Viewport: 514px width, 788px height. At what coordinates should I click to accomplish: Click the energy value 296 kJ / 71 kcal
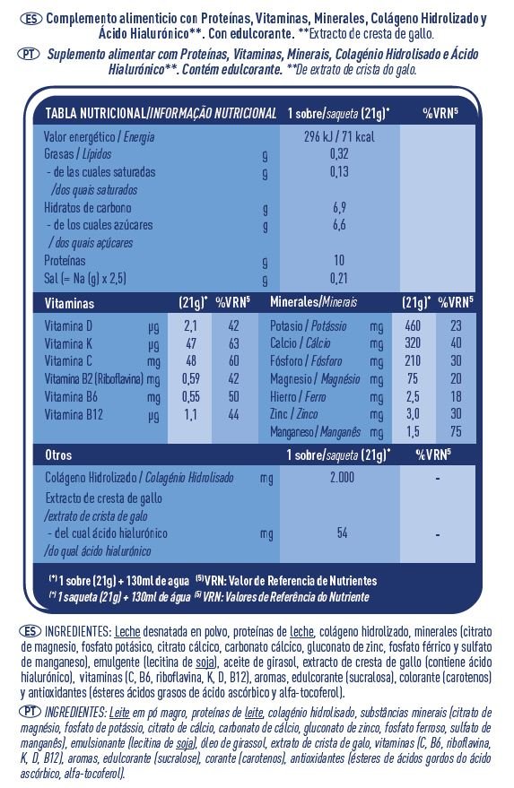coord(339,136)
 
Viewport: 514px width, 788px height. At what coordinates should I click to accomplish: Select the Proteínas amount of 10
coord(339,260)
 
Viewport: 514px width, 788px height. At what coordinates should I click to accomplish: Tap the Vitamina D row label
coord(68,325)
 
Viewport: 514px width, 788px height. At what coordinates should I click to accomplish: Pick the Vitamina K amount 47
coord(190,343)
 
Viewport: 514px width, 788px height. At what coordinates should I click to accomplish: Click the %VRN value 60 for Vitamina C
coord(233,361)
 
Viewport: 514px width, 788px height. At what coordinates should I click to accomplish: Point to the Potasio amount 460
coord(413,325)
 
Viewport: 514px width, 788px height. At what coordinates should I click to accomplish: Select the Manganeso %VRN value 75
coord(456,432)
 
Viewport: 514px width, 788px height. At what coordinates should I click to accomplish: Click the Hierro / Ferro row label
coord(298,396)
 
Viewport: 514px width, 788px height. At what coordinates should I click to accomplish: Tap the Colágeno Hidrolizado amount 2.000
coord(342,478)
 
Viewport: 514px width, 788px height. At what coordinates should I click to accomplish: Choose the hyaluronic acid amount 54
coord(342,533)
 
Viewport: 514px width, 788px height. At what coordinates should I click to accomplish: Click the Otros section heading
coord(58,455)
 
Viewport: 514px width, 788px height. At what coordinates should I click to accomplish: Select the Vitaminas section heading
coord(69,303)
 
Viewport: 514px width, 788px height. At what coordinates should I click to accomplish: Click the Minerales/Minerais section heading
coord(313,301)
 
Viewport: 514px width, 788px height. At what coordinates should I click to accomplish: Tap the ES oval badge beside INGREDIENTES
coord(30,631)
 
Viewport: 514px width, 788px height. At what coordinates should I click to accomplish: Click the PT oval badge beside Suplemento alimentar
coord(30,54)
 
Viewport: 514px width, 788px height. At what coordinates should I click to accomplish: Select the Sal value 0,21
coord(339,278)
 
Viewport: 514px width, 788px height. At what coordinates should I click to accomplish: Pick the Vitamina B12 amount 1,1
coord(190,415)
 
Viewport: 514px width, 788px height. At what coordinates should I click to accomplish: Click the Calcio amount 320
coord(413,343)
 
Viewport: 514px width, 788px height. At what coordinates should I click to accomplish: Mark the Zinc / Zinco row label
coord(293,414)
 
